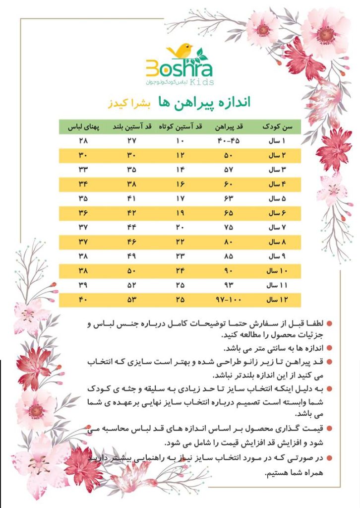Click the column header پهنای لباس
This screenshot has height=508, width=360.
point(81,127)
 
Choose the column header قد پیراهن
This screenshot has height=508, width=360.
point(228,127)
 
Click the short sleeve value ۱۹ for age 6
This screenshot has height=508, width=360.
point(180,214)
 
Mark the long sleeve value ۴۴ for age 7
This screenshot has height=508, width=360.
point(131,228)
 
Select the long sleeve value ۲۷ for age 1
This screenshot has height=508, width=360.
point(131,142)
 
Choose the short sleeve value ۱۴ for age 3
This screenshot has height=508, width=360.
point(180,171)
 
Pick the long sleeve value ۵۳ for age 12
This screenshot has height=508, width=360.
point(131,301)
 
